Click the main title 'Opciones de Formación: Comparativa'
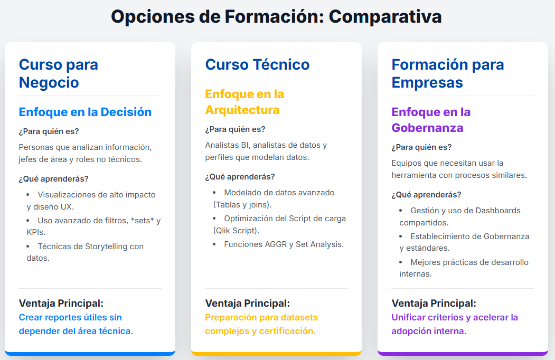[277, 17]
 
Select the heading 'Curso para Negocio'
[58, 73]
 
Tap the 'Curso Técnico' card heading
[257, 64]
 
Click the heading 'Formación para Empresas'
[447, 73]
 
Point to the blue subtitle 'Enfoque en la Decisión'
[85, 112]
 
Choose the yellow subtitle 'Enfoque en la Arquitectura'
[244, 102]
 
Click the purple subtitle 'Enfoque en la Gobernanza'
[430, 120]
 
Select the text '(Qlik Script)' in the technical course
[236, 231]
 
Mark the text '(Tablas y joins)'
[242, 205]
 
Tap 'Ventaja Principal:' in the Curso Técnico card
[247, 304]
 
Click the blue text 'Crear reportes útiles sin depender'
[70, 318]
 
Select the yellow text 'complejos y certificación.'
[260, 331]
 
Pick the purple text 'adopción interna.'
[429, 331]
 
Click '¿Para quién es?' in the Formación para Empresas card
[421, 147]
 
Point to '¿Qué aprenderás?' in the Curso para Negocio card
[53, 178]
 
